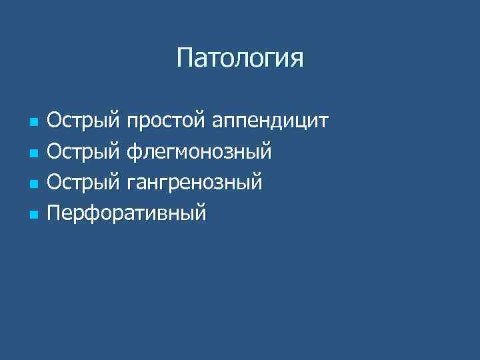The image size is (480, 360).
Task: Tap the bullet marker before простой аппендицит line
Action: click(33, 123)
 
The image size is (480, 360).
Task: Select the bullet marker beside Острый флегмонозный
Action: click(33, 154)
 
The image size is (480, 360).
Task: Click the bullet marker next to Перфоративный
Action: click(33, 215)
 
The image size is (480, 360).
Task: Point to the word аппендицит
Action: click(273, 123)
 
